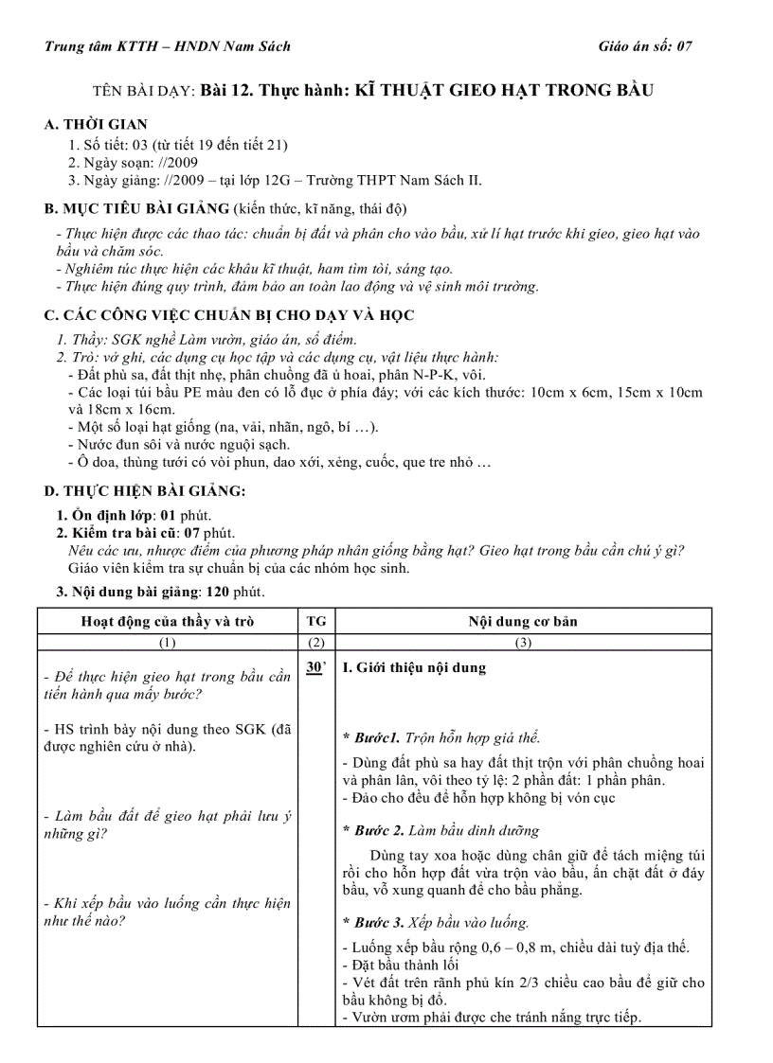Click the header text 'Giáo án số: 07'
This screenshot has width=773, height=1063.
click(x=645, y=46)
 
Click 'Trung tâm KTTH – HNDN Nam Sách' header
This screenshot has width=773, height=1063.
click(x=168, y=46)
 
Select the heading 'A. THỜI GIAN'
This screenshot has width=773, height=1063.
click(x=96, y=124)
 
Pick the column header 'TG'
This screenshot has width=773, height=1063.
click(x=316, y=622)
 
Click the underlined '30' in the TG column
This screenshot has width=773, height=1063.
click(x=315, y=668)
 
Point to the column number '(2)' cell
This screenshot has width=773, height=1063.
click(x=316, y=643)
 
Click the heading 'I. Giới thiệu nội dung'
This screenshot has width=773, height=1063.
click(x=413, y=668)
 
